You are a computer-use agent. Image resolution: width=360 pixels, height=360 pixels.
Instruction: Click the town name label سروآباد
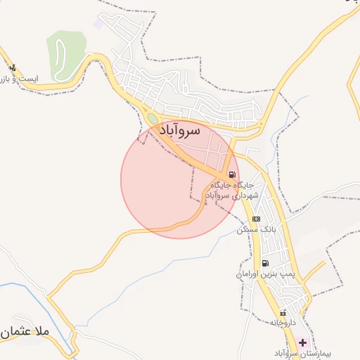coord(181,131)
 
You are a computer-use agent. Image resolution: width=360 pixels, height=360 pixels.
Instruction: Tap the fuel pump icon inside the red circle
coord(231,175)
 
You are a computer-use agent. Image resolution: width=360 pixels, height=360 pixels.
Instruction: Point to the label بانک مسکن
coord(255,230)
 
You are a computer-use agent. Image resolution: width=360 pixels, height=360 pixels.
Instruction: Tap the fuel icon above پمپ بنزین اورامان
coord(265,263)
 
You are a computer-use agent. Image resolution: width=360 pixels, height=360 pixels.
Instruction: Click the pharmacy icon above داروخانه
coord(283,313)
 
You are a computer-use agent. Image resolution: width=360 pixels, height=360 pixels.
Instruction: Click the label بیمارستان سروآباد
coord(281,353)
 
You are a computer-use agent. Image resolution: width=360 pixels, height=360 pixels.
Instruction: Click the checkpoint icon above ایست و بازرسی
coord(13,68)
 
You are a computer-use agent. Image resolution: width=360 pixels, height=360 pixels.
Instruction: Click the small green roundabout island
coord(153,118)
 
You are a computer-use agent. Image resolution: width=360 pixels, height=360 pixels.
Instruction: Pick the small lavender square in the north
coord(98,24)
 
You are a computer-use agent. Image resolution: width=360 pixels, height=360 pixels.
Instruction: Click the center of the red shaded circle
coord(179,179)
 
